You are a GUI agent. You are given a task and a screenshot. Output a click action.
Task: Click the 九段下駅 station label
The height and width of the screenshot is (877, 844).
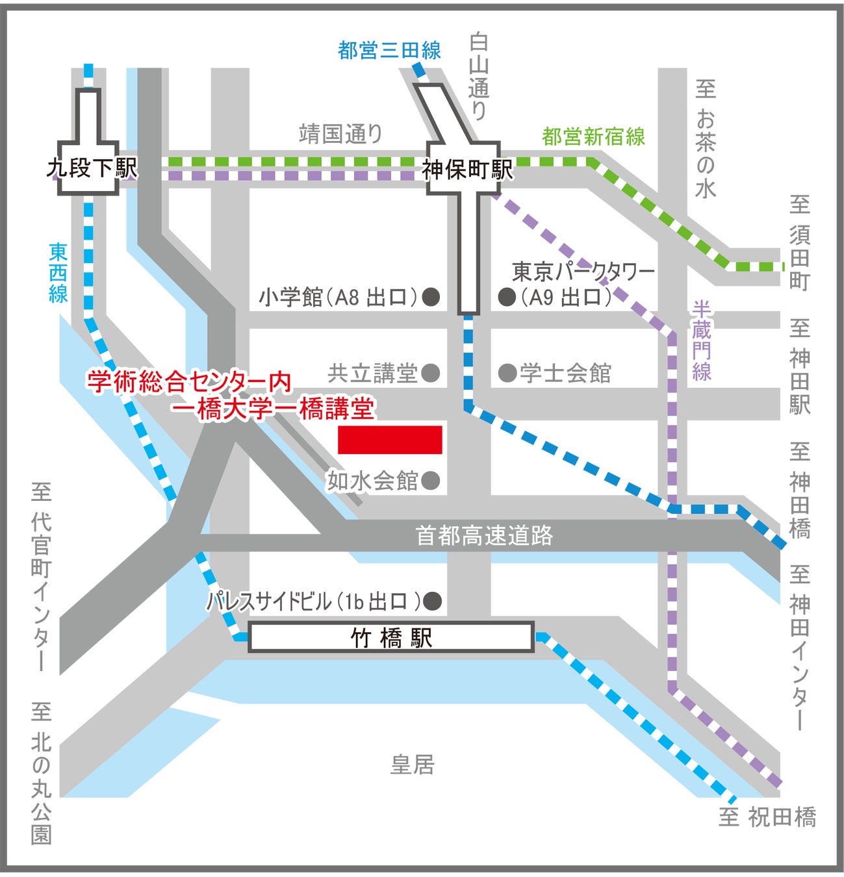[x=92, y=168]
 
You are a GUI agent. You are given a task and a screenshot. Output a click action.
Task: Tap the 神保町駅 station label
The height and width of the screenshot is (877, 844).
[x=467, y=170]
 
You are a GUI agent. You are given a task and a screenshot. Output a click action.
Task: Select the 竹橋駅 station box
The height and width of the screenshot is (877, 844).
[x=391, y=637]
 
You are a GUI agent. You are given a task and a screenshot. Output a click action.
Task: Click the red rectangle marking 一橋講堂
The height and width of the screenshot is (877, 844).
[x=390, y=440]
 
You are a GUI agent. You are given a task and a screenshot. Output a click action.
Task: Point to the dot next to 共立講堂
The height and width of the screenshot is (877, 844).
[x=430, y=373]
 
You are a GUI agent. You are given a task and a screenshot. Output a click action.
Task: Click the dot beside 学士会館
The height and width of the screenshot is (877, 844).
[x=507, y=373]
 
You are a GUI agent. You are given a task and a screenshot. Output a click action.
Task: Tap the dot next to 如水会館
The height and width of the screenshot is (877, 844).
[x=430, y=481]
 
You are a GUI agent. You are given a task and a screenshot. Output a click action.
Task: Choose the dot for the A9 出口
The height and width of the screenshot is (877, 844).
[x=507, y=298]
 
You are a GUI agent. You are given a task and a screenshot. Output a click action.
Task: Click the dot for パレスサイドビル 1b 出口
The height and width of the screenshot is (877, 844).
[x=433, y=601]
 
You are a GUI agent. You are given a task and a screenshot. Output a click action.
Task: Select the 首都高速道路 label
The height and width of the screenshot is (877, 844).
[x=484, y=535]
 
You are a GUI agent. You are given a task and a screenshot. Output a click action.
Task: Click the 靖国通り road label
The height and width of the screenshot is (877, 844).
[x=340, y=134]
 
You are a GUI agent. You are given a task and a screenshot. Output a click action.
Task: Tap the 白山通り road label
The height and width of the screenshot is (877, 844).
[x=479, y=77]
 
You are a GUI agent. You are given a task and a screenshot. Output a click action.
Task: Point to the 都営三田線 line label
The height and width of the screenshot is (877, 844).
[x=389, y=50]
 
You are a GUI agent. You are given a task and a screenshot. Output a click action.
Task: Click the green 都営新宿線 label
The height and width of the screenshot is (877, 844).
[x=593, y=136]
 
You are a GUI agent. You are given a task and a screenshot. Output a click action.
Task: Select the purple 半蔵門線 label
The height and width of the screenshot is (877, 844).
[x=702, y=340]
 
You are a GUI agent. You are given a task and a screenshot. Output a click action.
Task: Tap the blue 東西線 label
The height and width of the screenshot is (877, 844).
[x=58, y=273]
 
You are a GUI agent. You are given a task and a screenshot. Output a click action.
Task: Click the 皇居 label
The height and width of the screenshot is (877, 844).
[x=412, y=765]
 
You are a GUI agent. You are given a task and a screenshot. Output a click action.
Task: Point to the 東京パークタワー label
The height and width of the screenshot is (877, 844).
[x=583, y=272]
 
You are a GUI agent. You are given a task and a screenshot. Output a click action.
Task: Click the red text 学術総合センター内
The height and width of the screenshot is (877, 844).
[x=189, y=382]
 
